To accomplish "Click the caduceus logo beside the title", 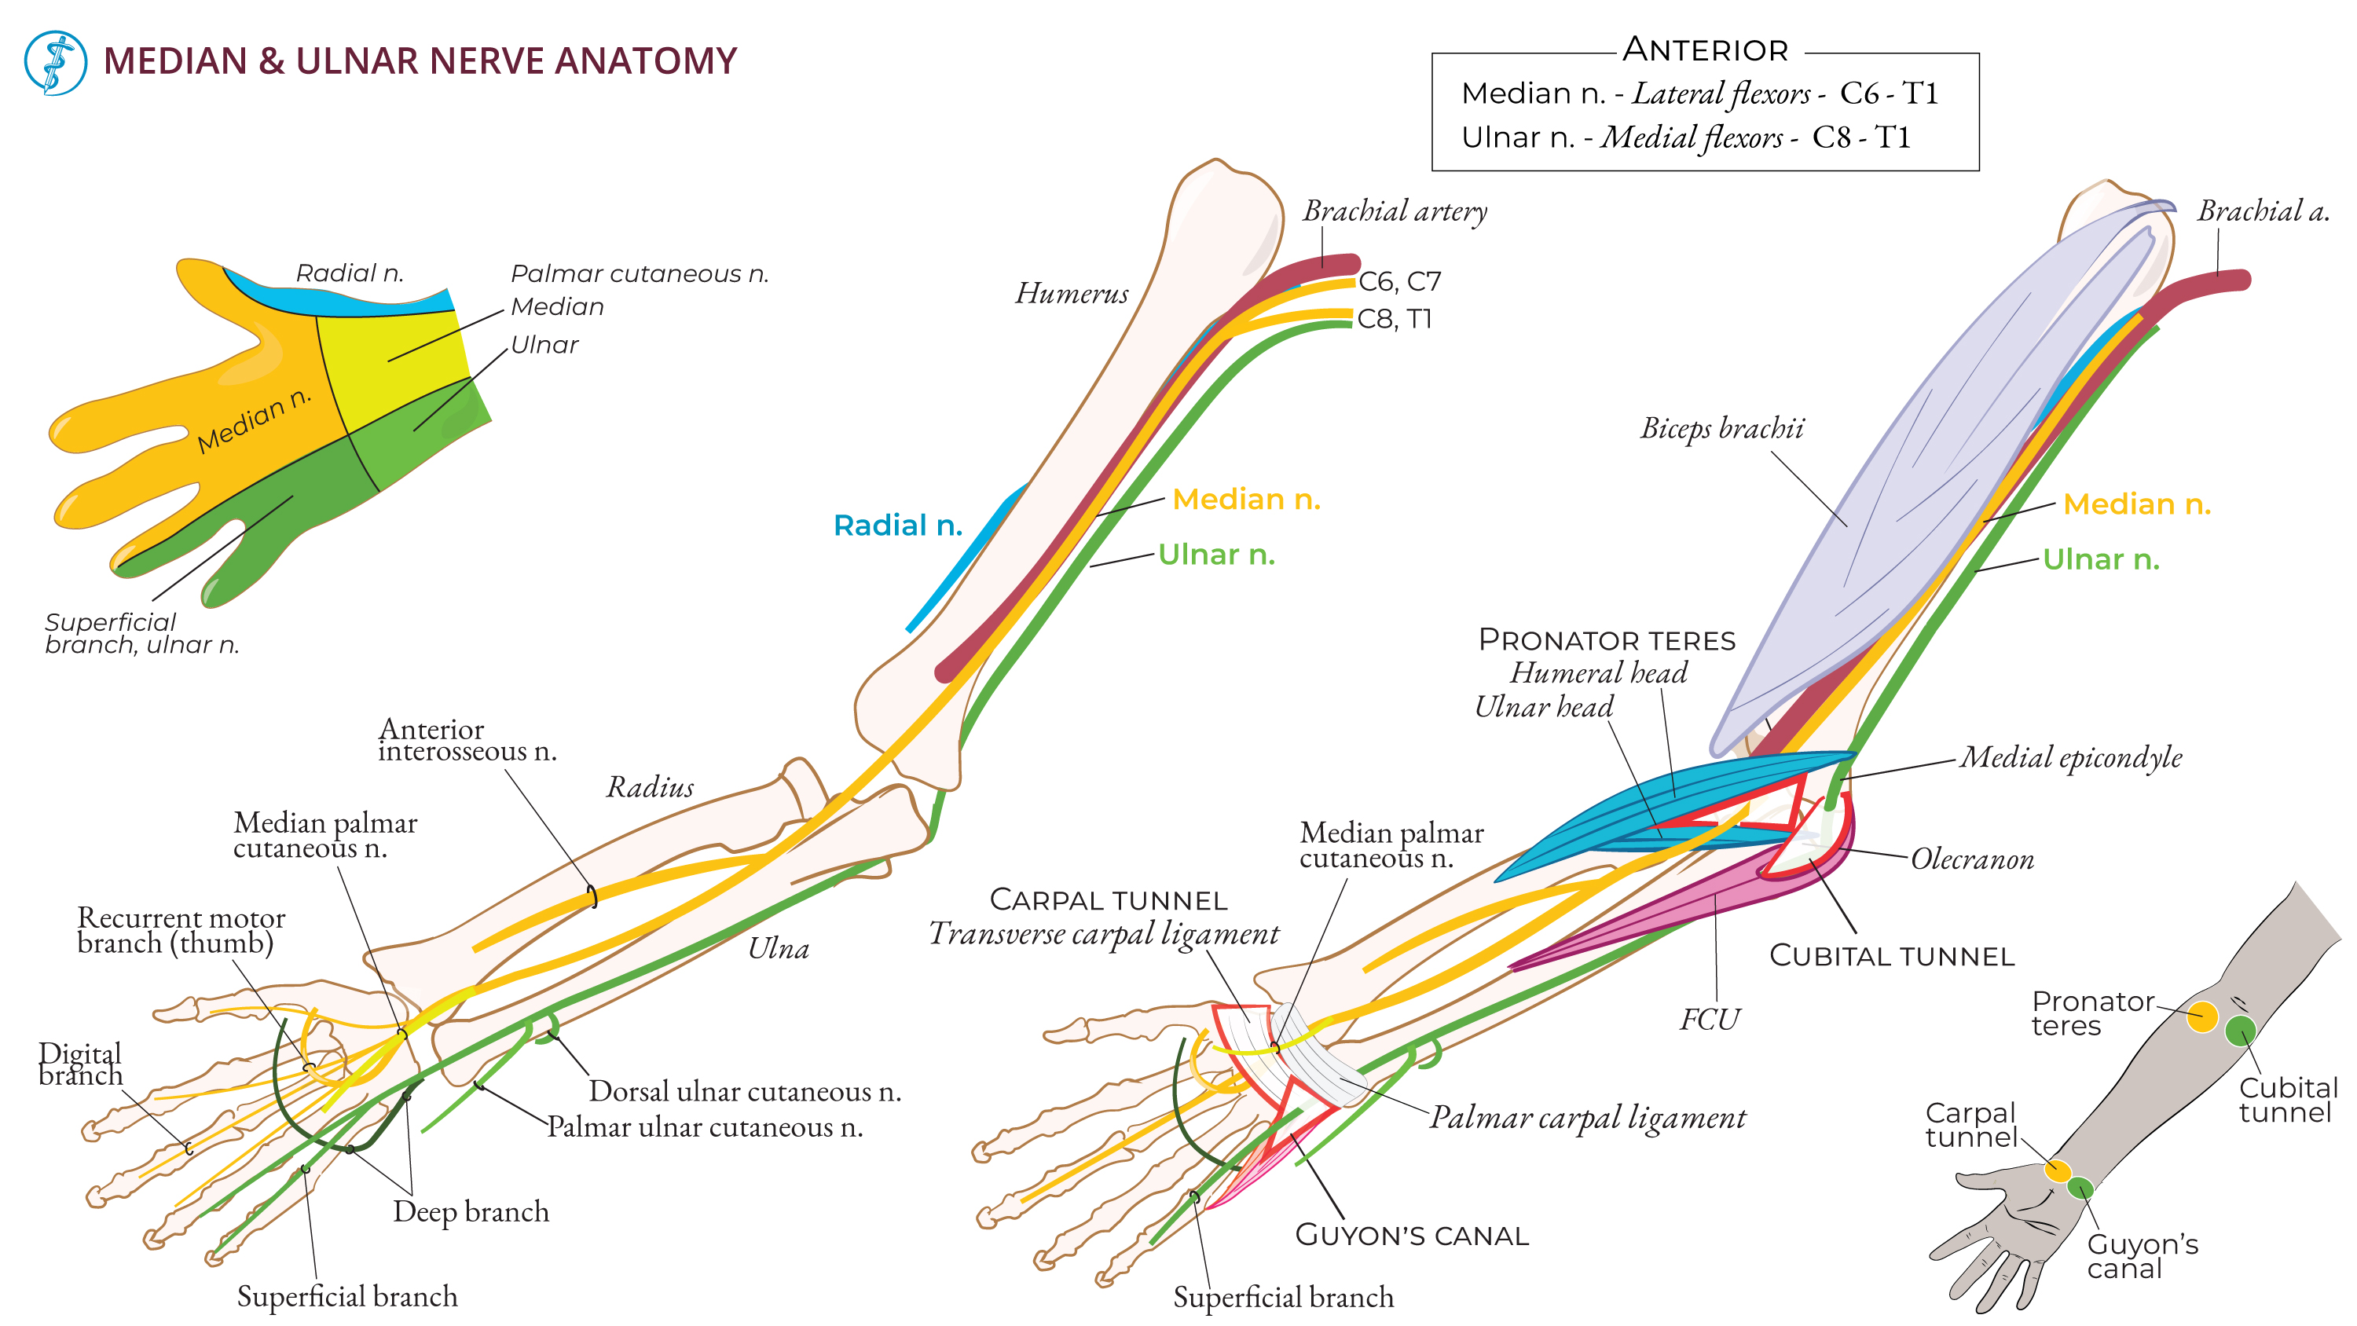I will click(x=55, y=62).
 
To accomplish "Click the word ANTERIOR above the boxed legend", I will click(x=1705, y=50).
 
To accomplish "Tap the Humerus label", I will click(x=1072, y=293).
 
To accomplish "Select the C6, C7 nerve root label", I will click(x=1399, y=281).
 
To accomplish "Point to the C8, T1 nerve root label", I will click(x=1394, y=318).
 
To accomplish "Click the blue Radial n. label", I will click(x=897, y=526).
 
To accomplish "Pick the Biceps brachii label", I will click(x=1721, y=428).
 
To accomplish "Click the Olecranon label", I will click(x=1972, y=859).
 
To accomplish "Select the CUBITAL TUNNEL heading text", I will click(x=1891, y=956).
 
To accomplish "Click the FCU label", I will click(x=1709, y=1020).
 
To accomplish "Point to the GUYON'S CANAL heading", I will click(x=1412, y=1236).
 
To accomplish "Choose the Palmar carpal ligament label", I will click(x=1588, y=1117).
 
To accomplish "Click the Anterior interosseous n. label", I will click(x=467, y=740).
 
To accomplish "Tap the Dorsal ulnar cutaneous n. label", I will click(x=744, y=1091).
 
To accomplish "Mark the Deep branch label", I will click(x=471, y=1211).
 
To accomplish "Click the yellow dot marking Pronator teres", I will click(x=2202, y=1016).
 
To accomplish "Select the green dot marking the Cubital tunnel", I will click(x=2240, y=1031).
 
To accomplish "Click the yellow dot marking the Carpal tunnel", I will click(x=2058, y=1170).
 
